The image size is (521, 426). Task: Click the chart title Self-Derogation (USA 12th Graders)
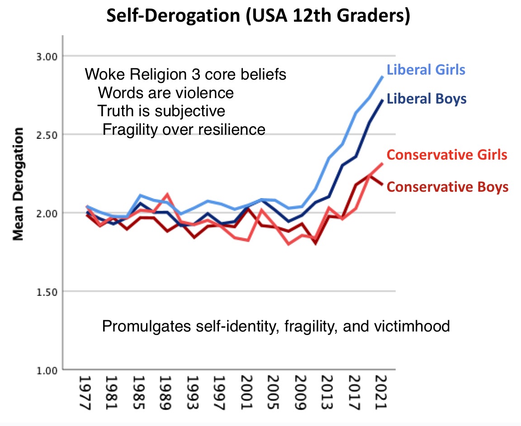(258, 17)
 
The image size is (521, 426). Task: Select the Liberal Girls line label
(426, 70)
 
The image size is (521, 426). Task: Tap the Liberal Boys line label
(426, 99)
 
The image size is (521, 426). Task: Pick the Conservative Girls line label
(447, 155)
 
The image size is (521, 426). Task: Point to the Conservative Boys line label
(448, 187)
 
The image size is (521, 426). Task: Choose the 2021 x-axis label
(380, 391)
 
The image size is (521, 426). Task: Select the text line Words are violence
(166, 93)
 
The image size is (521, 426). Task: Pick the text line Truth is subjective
(161, 111)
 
